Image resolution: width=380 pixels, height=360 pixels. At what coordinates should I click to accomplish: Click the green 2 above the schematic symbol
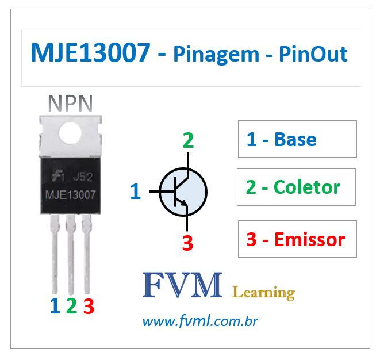click(x=188, y=141)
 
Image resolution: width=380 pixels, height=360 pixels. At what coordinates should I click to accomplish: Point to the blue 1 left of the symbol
click(x=135, y=192)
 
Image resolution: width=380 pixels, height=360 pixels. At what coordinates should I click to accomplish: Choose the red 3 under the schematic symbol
click(x=187, y=243)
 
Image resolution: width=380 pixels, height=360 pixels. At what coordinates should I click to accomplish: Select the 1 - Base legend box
click(x=297, y=139)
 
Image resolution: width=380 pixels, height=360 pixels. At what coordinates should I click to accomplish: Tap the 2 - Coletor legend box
click(x=296, y=187)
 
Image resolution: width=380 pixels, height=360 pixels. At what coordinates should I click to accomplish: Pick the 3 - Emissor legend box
click(x=297, y=239)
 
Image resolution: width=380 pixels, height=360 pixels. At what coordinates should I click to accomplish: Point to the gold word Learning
click(x=263, y=293)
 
